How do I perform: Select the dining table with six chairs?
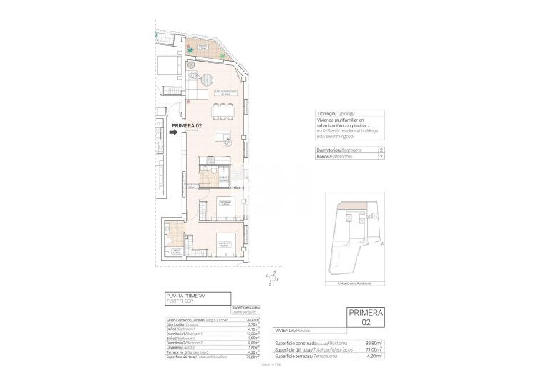click(223, 110)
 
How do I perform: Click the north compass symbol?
click(272, 277)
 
